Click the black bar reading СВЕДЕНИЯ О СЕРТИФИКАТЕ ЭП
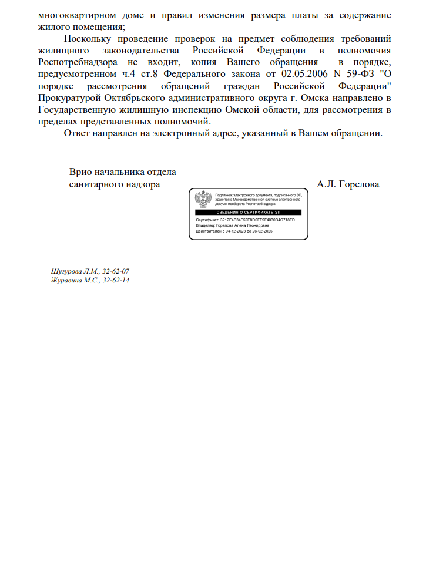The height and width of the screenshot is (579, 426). pyautogui.click(x=248, y=212)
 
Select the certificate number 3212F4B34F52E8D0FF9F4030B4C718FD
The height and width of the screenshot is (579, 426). pyautogui.click(x=257, y=220)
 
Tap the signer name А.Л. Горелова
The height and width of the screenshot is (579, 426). pyautogui.click(x=348, y=184)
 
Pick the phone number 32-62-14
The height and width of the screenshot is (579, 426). pyautogui.click(x=116, y=281)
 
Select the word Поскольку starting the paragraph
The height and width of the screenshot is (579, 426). pyautogui.click(x=89, y=40)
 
